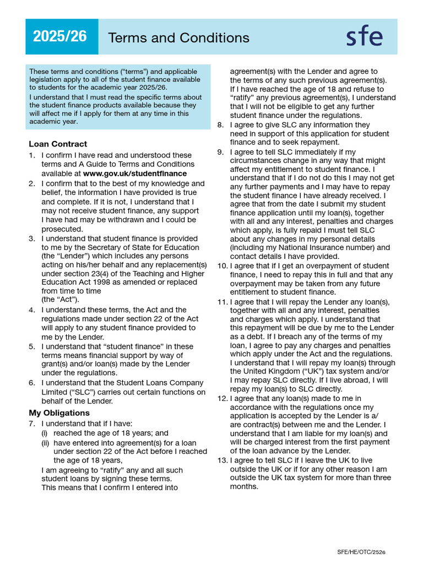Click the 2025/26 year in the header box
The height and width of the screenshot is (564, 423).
pyautogui.click(x=59, y=36)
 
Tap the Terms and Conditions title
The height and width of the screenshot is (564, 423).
pyautogui.click(x=178, y=37)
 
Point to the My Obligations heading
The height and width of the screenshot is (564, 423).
pyautogui.click(x=59, y=413)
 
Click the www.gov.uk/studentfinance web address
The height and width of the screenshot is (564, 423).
pyautogui.click(x=135, y=173)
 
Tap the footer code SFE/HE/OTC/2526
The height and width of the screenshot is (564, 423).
pyautogui.click(x=361, y=551)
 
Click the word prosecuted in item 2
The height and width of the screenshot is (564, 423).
pyautogui.click(x=62, y=229)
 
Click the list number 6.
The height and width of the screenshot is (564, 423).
pyautogui.click(x=32, y=383)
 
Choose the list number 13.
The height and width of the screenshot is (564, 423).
pyautogui.click(x=222, y=460)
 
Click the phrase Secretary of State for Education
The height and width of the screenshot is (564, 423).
pyautogui.click(x=143, y=247)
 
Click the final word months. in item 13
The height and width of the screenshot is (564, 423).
pyautogui.click(x=244, y=487)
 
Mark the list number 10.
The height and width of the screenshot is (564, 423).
pyautogui.click(x=222, y=266)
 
